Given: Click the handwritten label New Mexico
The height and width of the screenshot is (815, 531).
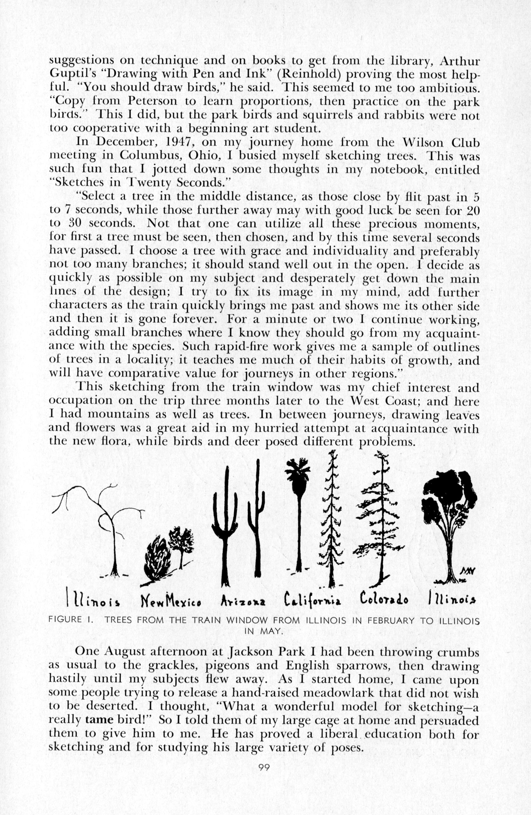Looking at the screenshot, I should [x=170, y=602].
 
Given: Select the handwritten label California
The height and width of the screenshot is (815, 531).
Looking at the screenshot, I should [x=312, y=601].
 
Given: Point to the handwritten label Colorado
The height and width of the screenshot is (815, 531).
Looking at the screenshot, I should [x=384, y=600].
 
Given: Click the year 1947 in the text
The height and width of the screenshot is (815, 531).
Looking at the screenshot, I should [x=179, y=142].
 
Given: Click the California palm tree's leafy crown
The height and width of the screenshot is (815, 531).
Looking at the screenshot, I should [x=297, y=471].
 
